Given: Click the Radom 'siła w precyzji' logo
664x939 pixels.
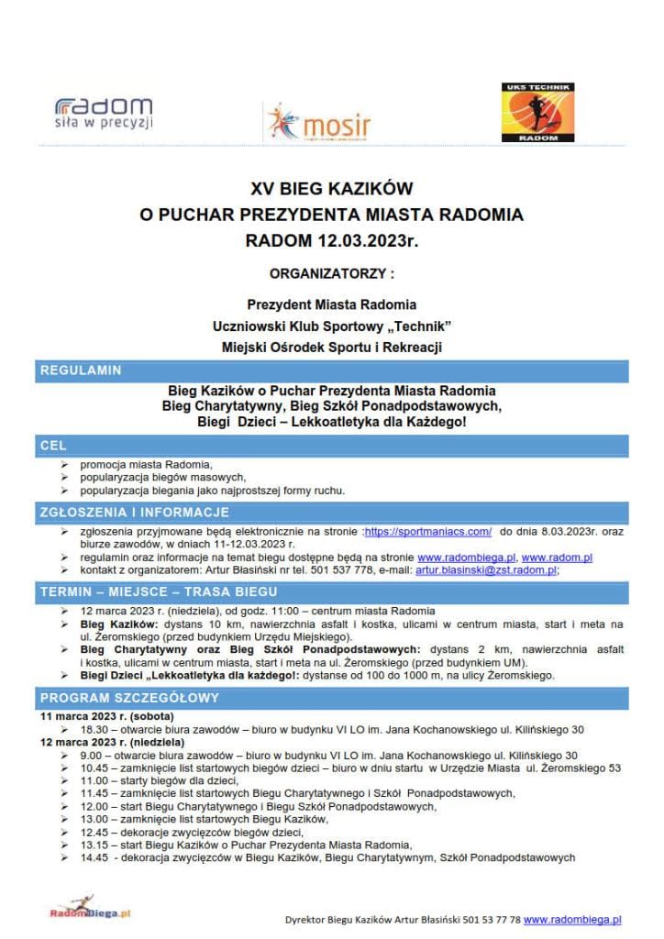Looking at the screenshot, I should click(104, 113).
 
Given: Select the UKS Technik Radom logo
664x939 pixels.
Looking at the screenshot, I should click(537, 114).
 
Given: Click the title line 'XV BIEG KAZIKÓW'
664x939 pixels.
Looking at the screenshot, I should click(332, 189).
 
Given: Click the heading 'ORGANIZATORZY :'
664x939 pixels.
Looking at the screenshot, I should click(332, 273).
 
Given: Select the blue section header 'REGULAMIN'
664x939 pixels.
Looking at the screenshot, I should click(81, 371).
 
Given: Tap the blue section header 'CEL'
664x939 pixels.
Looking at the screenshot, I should click(54, 445).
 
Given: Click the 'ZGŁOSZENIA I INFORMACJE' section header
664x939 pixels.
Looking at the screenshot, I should click(134, 512).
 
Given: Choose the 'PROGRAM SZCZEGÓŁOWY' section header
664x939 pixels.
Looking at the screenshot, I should click(128, 698).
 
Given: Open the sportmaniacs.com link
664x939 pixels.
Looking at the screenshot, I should click(428, 531).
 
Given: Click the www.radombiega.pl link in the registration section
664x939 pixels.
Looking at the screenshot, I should click(467, 557).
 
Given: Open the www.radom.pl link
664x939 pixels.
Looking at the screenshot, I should click(557, 557).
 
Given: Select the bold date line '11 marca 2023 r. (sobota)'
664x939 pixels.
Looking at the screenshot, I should click(107, 716).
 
